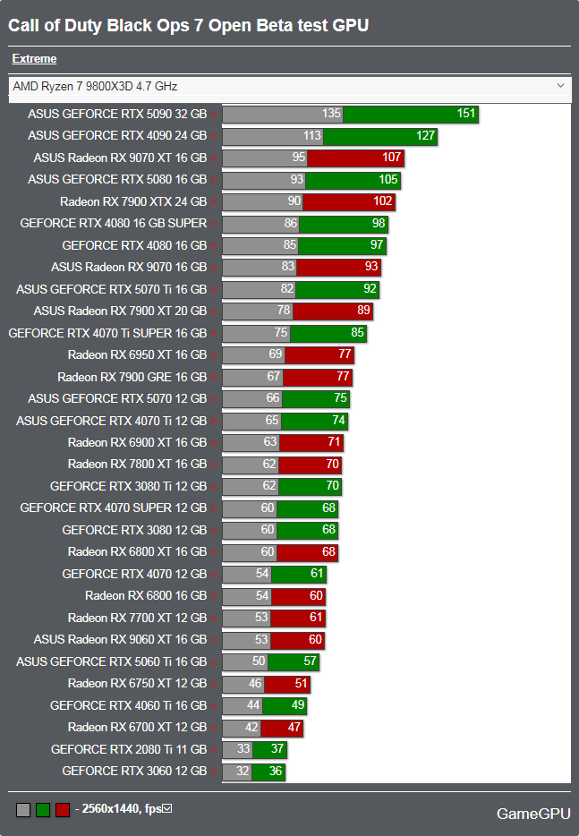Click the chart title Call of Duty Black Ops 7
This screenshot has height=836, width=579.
[x=188, y=25]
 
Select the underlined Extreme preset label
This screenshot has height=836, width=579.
[x=34, y=59]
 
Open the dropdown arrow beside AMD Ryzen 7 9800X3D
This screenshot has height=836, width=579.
[x=561, y=86]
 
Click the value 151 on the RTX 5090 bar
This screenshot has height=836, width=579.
[x=465, y=114]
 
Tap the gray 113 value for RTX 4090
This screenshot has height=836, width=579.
[x=311, y=136]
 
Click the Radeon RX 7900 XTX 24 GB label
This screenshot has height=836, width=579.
[x=133, y=201]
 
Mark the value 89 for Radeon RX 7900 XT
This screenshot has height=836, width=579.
[x=362, y=311]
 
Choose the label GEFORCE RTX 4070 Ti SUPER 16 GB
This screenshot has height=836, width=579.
[x=107, y=333]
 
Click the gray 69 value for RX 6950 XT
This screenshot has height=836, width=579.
[x=276, y=355]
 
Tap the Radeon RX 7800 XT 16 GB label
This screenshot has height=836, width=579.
[x=137, y=465]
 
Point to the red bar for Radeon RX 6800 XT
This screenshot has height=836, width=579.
[x=307, y=552]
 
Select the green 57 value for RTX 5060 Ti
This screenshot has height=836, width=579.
[x=309, y=661]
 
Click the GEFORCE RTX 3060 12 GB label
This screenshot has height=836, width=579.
[x=134, y=771]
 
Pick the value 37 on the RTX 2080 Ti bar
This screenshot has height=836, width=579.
[x=277, y=749]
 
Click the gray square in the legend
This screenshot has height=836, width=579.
[x=23, y=810]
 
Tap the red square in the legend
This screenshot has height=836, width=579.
[x=63, y=810]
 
